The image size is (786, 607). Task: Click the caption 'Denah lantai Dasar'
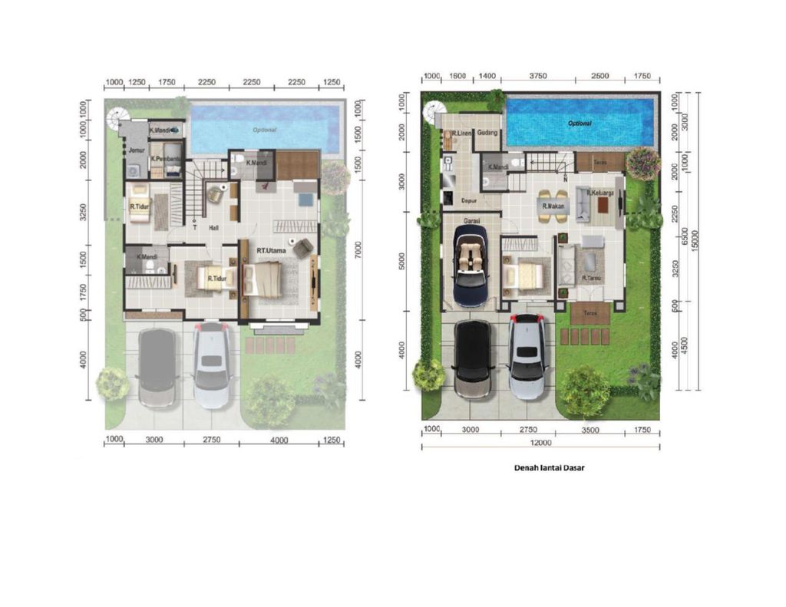(x=549, y=467)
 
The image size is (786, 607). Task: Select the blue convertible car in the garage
(x=470, y=265)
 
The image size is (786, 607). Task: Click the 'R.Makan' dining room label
(x=553, y=206)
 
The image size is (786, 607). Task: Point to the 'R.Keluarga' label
(x=599, y=194)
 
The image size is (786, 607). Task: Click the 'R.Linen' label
(x=461, y=134)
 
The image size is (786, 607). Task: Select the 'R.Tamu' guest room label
(x=591, y=278)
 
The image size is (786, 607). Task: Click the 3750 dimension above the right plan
(x=537, y=77)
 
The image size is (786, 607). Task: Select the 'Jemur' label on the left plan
(x=137, y=150)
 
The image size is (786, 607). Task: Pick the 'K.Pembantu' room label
(x=166, y=159)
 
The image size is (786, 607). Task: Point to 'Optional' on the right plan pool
(x=580, y=124)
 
